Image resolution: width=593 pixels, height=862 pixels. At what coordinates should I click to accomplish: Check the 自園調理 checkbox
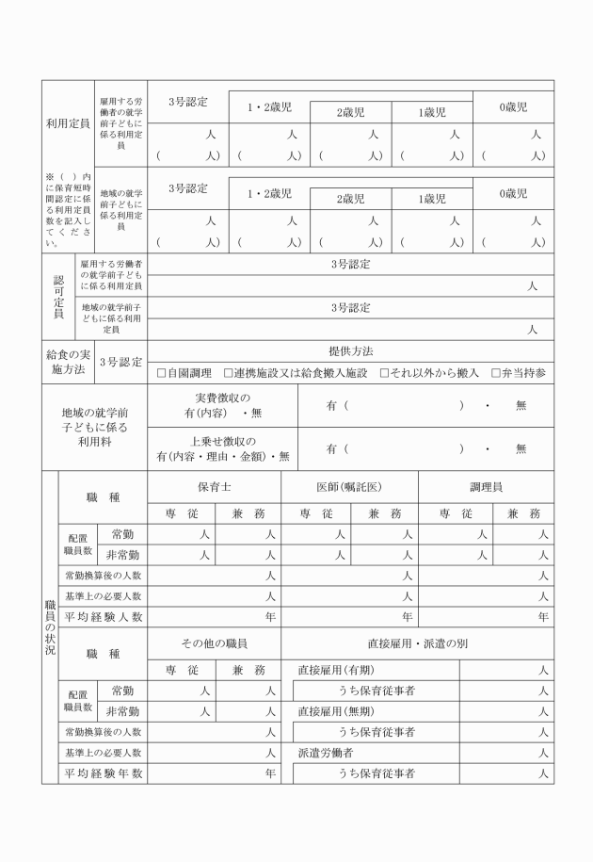(x=162, y=373)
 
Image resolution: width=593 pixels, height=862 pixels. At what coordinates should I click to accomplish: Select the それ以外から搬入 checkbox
(x=384, y=373)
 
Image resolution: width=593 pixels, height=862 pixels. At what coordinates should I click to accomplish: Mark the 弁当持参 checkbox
(x=496, y=373)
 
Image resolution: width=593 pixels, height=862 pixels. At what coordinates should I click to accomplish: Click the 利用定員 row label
(x=68, y=123)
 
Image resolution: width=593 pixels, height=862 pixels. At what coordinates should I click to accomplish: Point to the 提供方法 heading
(x=350, y=351)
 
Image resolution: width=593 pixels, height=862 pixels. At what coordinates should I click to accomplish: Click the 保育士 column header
(x=214, y=487)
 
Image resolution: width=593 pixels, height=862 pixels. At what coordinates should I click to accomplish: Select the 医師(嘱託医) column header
(x=349, y=487)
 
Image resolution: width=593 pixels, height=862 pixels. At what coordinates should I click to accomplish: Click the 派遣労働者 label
(x=326, y=753)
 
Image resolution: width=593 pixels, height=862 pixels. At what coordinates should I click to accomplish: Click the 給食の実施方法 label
(x=68, y=362)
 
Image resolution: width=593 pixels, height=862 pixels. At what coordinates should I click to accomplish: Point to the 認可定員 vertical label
(x=57, y=297)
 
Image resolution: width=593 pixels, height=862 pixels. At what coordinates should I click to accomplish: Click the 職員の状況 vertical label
(x=50, y=626)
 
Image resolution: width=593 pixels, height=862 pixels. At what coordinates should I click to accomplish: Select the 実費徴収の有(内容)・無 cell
(x=222, y=405)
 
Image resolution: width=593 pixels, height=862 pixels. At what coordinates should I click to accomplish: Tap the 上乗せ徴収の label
(x=223, y=441)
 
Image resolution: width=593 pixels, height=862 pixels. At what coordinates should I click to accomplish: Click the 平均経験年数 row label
(x=103, y=773)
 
